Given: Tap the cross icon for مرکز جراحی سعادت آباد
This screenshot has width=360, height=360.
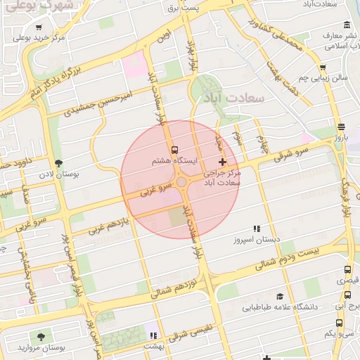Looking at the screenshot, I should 223,162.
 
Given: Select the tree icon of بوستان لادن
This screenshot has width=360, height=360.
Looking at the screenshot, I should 58,162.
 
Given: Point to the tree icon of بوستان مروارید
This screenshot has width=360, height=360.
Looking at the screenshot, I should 40,336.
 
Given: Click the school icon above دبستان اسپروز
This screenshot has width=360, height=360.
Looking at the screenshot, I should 257,229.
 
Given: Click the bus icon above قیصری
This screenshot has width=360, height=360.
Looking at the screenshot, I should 347,269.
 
